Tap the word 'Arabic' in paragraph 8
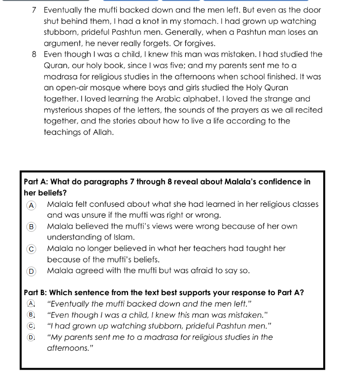click(x=165, y=99)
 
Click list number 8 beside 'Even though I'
click(x=34, y=55)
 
